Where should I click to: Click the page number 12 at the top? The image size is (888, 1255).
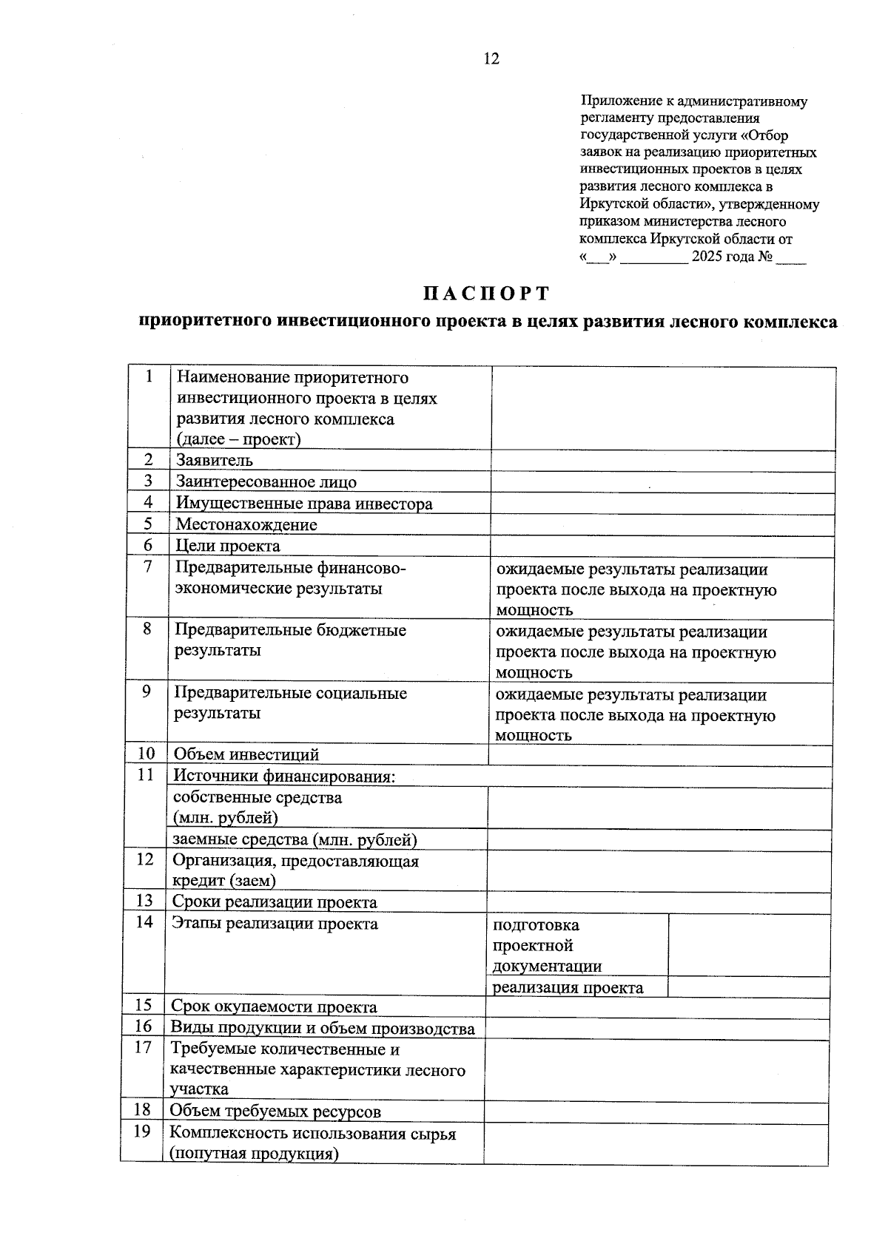click(491, 59)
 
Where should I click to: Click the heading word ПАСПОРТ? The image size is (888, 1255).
click(487, 294)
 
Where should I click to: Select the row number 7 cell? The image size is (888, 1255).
click(149, 566)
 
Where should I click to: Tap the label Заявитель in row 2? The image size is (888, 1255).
click(215, 461)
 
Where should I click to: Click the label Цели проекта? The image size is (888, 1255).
click(228, 546)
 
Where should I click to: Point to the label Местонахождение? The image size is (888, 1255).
click(246, 524)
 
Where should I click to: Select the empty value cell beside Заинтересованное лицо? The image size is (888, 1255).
click(663, 482)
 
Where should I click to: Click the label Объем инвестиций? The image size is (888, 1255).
click(246, 755)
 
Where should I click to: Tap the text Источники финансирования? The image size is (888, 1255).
click(284, 777)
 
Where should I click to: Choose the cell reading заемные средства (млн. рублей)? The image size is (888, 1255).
click(295, 840)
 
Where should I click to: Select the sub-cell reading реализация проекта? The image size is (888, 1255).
click(568, 988)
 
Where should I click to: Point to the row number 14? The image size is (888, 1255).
click(144, 922)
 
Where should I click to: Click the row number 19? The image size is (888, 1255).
click(141, 1131)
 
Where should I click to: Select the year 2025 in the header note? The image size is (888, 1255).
click(707, 257)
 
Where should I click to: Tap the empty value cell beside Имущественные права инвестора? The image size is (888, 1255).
click(663, 504)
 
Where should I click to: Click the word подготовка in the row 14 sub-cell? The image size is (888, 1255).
click(536, 925)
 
